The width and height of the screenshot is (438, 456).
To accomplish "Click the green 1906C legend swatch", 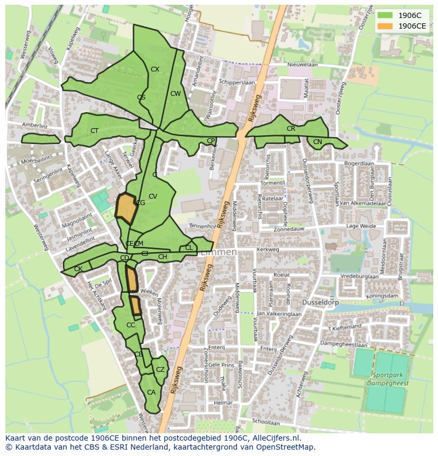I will (x=385, y=16).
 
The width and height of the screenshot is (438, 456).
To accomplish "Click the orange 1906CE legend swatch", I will (x=385, y=26).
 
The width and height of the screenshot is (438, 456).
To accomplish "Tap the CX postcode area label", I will (x=155, y=69).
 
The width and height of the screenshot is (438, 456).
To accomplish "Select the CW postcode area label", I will (x=176, y=94).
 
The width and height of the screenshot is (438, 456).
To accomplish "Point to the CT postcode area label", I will (x=95, y=131).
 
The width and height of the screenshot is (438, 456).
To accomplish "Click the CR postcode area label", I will (x=291, y=129).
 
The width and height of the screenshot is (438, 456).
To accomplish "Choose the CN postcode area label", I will (x=317, y=142).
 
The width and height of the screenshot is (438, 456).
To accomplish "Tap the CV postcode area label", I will (x=153, y=196).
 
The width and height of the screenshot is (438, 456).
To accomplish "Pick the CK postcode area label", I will (x=78, y=269).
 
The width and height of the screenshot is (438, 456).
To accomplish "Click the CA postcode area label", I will (x=151, y=392).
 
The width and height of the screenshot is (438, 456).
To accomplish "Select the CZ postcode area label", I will (x=160, y=370).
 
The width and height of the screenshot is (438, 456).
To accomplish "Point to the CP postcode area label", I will (x=211, y=141).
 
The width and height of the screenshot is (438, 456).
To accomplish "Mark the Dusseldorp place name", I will (x=320, y=302).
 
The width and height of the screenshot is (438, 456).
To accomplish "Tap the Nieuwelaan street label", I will (x=303, y=65).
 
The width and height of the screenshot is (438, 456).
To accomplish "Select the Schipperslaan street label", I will (x=238, y=83).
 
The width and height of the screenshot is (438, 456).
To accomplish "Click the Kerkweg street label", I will (x=267, y=249).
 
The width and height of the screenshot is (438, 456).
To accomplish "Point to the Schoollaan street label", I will (x=266, y=423).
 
